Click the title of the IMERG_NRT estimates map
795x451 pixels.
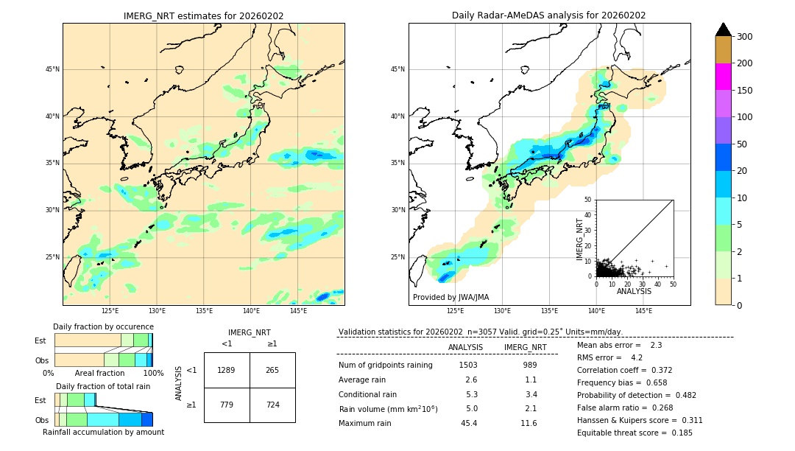click(x=203, y=15)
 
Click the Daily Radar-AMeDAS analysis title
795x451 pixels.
click(x=549, y=15)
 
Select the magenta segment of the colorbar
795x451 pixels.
click(x=724, y=77)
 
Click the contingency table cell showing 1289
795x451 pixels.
click(x=227, y=370)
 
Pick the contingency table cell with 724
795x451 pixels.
click(x=272, y=405)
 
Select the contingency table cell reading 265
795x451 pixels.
click(x=272, y=370)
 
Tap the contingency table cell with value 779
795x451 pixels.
click(x=227, y=405)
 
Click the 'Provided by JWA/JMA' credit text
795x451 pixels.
click(x=451, y=297)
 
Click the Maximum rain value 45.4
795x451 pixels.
click(x=468, y=423)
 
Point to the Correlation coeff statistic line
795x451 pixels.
click(x=624, y=370)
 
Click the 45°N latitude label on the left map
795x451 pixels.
click(x=52, y=69)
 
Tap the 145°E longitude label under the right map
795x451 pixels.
click(x=643, y=311)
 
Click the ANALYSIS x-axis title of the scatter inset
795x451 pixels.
click(x=635, y=291)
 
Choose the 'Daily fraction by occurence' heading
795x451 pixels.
click(x=103, y=326)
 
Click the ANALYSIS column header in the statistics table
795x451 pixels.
click(x=465, y=347)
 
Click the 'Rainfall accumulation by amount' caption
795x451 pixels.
click(x=103, y=432)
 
